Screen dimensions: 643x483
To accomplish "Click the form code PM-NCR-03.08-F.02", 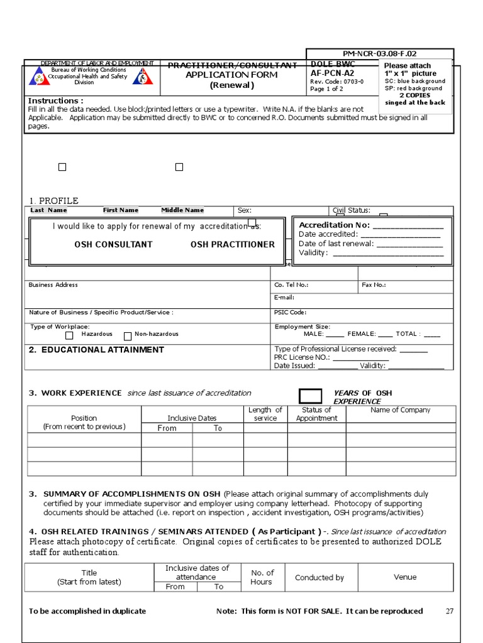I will tap(379, 55).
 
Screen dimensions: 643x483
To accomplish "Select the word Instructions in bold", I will tap(55, 101).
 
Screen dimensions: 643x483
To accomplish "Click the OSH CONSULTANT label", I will tap(113, 244).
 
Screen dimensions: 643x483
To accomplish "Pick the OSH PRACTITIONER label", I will tap(232, 244).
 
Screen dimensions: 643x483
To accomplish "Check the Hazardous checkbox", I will tap(70, 336).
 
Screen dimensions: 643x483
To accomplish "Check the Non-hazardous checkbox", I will tap(128, 336).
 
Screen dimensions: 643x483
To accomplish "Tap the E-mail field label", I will tap(284, 298).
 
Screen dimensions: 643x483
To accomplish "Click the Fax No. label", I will tap(374, 285).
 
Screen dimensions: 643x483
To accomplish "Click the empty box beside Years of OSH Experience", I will tap(310, 396).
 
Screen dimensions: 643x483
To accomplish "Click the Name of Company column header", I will tap(400, 410).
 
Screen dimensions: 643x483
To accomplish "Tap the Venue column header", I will tap(405, 577).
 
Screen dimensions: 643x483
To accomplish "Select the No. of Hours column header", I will tap(262, 577).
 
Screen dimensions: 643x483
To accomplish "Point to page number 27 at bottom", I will tap(449, 611).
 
